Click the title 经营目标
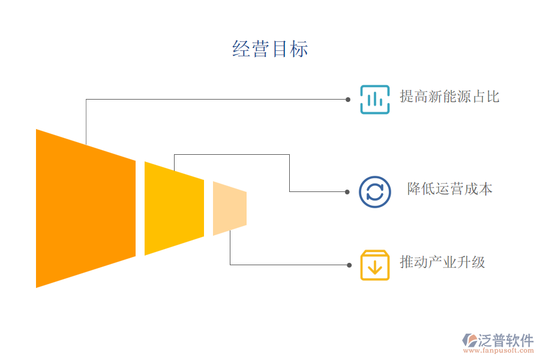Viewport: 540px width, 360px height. pyautogui.click(x=270, y=49)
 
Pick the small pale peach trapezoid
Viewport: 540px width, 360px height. pyautogui.click(x=229, y=208)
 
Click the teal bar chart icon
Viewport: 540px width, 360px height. pyautogui.click(x=374, y=99)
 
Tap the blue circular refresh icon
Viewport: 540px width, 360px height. pyautogui.click(x=374, y=192)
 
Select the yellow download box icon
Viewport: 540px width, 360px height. pyautogui.click(x=374, y=265)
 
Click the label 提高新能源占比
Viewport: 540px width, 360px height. pyautogui.click(x=449, y=97)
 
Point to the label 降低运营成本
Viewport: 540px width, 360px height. pyautogui.click(x=450, y=189)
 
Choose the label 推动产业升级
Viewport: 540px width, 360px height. pyautogui.click(x=442, y=262)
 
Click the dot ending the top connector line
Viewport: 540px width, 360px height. pyautogui.click(x=348, y=99)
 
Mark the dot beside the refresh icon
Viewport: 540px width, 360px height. pyautogui.click(x=347, y=192)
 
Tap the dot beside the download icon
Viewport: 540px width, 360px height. pyautogui.click(x=349, y=265)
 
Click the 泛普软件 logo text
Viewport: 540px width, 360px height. pyautogui.click(x=505, y=340)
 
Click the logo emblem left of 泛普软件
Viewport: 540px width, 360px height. pyautogui.click(x=469, y=341)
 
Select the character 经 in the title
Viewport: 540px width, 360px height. pyautogui.click(x=241, y=49)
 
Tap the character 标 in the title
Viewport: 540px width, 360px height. pyautogui.click(x=299, y=49)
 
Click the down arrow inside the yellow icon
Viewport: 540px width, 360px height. pyautogui.click(x=374, y=266)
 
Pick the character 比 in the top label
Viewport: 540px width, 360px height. pyautogui.click(x=493, y=97)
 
